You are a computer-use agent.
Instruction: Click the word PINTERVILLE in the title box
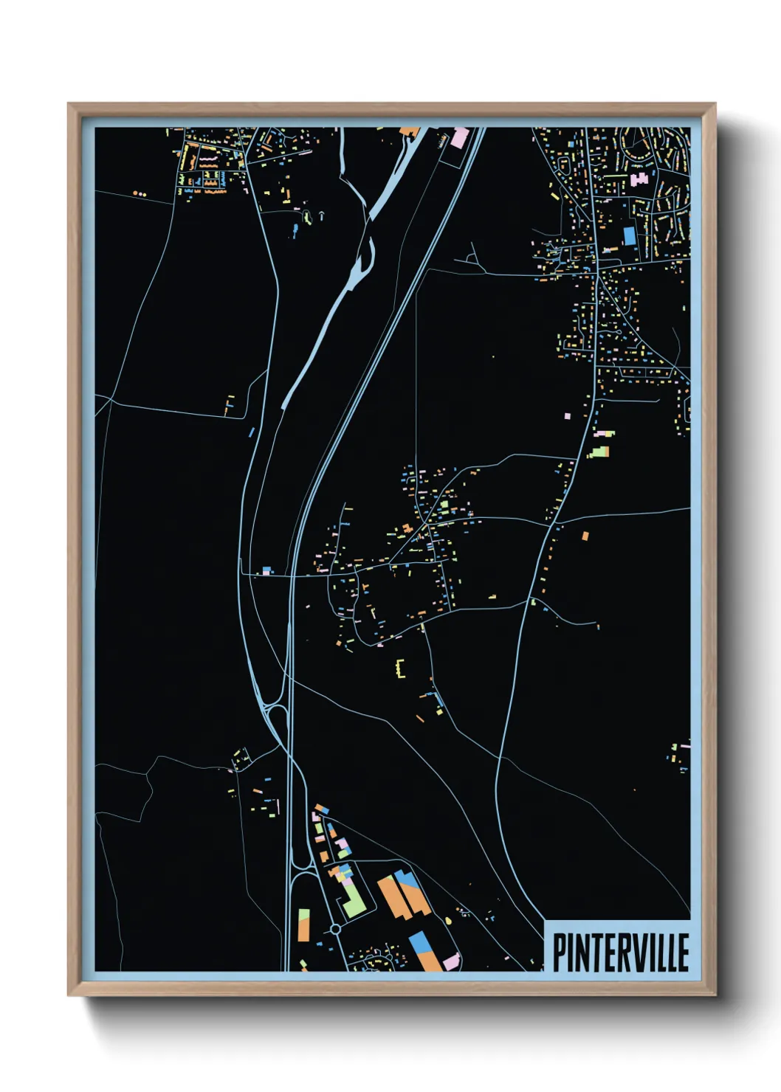(x=621, y=953)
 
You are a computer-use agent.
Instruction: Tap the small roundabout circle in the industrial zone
(x=336, y=929)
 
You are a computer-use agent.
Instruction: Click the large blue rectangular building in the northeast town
(x=629, y=235)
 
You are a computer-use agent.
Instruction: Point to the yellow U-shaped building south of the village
(x=402, y=668)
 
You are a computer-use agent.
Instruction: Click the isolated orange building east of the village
(x=585, y=536)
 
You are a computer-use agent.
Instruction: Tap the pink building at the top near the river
(x=460, y=136)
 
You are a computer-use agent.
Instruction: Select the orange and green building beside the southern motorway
(x=303, y=925)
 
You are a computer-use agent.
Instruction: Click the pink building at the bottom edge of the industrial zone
(x=451, y=961)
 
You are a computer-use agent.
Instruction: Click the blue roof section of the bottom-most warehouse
(x=419, y=942)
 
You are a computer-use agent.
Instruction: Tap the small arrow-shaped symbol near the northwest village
(x=321, y=215)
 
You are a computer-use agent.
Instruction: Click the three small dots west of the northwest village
(x=140, y=194)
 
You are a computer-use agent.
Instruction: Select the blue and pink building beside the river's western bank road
(x=267, y=570)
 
